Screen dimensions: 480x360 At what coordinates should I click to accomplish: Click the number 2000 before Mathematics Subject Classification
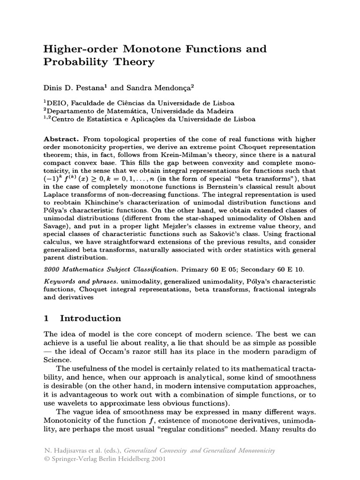pos(52,270)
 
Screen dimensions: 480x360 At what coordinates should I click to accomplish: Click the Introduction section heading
pos(90,319)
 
